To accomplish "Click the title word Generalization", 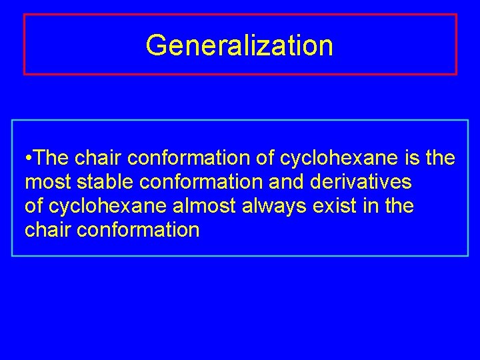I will pyautogui.click(x=239, y=45).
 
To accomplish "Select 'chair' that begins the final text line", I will pyautogui.click(x=48, y=230).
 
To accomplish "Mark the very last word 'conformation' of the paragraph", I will pyautogui.click(x=137, y=230).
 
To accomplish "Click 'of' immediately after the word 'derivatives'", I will pyautogui.click(x=34, y=206).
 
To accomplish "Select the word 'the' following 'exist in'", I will pyautogui.click(x=399, y=206).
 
